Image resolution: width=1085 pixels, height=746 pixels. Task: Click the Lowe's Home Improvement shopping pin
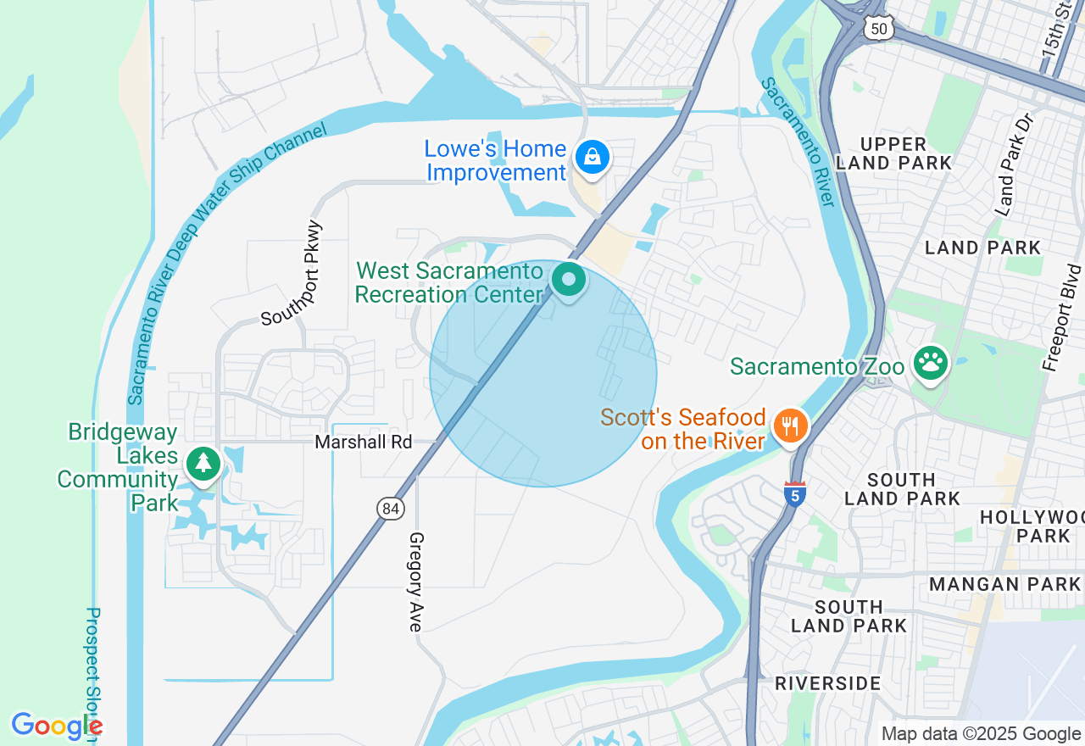(592, 158)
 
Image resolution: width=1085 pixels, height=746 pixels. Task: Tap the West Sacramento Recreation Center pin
(568, 280)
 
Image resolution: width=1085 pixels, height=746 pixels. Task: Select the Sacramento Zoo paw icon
(930, 364)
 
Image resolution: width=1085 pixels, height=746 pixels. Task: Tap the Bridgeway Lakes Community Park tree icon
(203, 464)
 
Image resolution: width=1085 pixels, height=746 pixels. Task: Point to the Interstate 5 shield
(794, 493)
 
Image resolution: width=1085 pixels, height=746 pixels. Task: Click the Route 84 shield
(390, 509)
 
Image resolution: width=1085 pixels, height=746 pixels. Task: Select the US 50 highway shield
(877, 28)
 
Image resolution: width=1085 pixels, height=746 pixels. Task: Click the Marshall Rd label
(363, 442)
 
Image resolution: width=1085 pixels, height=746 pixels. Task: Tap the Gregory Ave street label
(415, 582)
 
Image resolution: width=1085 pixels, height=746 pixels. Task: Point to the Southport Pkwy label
(292, 273)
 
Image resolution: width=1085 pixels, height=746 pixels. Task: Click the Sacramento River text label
(798, 141)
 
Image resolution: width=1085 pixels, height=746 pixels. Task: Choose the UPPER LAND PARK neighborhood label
(893, 153)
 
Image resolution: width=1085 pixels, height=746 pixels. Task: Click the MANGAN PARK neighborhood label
(1004, 584)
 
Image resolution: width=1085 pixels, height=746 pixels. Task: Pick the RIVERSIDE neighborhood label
(827, 683)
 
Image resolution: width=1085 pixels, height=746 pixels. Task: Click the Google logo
(56, 727)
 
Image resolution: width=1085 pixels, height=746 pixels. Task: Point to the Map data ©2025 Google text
(981, 734)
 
